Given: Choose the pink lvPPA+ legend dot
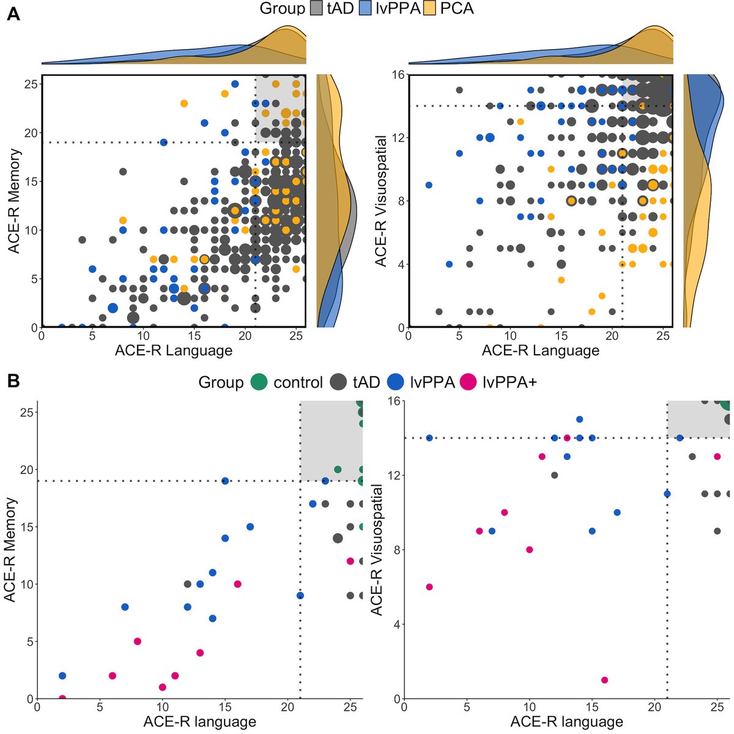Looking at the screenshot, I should pyautogui.click(x=468, y=383).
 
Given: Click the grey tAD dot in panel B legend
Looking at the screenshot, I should pyautogui.click(x=339, y=383).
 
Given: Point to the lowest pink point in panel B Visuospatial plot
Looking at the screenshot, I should pyautogui.click(x=604, y=680).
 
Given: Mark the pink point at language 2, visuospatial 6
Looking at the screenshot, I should pyautogui.click(x=429, y=587).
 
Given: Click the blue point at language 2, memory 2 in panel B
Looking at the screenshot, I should pyautogui.click(x=62, y=676).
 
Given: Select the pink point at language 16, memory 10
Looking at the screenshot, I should pyautogui.click(x=237, y=584).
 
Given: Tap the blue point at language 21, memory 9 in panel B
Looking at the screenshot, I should pyautogui.click(x=300, y=595).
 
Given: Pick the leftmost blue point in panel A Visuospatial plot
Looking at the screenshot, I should pyautogui.click(x=429, y=185).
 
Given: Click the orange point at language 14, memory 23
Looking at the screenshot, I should pyautogui.click(x=183, y=103).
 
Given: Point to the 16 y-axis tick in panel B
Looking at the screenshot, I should pyautogui.click(x=393, y=401).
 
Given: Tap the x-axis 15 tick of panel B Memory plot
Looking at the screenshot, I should pyautogui.click(x=225, y=706).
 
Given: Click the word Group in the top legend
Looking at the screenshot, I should pyautogui.click(x=282, y=9).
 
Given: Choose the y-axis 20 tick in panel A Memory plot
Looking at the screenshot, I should pyautogui.click(x=29, y=133).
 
